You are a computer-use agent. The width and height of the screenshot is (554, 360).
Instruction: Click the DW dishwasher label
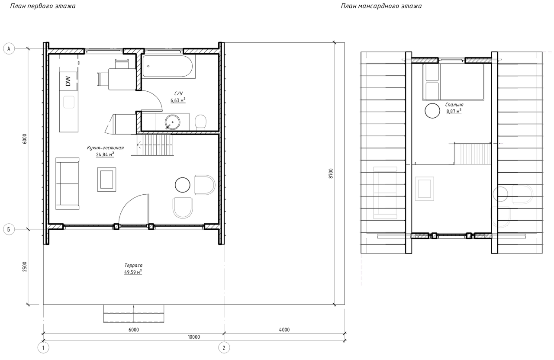pyautogui.click(x=68, y=81)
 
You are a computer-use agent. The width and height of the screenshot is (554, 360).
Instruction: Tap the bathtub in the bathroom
pyautogui.click(x=167, y=67)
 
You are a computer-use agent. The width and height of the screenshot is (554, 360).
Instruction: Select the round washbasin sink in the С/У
pyautogui.click(x=172, y=122)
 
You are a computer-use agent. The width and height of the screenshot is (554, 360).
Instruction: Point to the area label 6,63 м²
pyautogui.click(x=178, y=100)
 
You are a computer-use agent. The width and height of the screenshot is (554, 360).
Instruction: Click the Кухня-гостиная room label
pyautogui.click(x=105, y=148)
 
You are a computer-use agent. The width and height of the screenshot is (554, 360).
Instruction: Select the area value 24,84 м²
pyautogui.click(x=105, y=154)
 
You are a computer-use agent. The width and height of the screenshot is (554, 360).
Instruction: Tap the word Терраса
pyautogui.click(x=133, y=265)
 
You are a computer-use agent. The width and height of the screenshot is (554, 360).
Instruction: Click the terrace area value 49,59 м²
pyautogui.click(x=133, y=272)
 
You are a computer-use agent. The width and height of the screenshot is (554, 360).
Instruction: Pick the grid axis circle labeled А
pyautogui.click(x=9, y=49)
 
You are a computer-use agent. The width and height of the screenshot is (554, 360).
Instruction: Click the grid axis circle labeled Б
pyautogui.click(x=9, y=229)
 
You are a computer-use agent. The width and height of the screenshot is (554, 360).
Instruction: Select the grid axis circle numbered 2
pyautogui.click(x=224, y=348)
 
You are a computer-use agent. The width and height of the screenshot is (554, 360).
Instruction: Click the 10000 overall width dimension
pyautogui.click(x=194, y=337)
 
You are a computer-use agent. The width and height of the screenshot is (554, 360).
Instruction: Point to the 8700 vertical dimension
pyautogui.click(x=331, y=174)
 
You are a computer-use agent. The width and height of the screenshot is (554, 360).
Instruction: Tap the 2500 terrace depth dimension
pyautogui.click(x=25, y=267)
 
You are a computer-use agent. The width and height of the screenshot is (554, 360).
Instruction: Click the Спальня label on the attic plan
pyautogui.click(x=454, y=105)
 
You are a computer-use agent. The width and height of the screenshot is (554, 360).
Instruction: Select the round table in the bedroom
pyautogui.click(x=432, y=110)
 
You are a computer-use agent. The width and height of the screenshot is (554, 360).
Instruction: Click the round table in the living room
pyautogui.click(x=183, y=185)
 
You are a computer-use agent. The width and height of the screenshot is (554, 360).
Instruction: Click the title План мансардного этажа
pyautogui.click(x=381, y=6)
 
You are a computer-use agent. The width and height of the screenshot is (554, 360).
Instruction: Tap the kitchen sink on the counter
pyautogui.click(x=69, y=102)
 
